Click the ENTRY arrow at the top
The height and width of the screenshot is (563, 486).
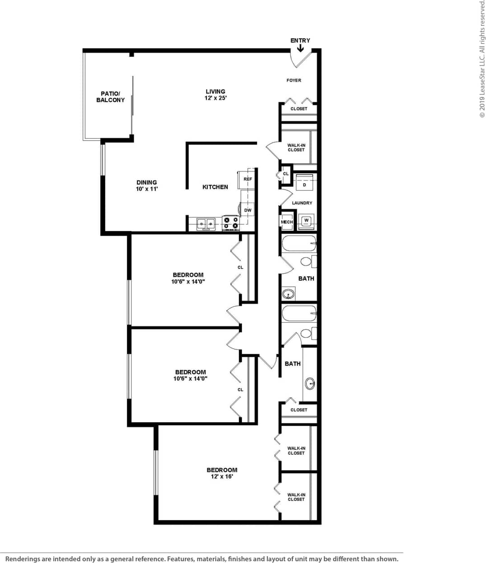[x=300, y=47]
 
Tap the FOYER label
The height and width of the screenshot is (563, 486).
[x=294, y=80]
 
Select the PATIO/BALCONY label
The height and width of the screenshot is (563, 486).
[x=110, y=97]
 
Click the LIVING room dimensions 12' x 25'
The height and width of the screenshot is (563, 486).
[x=215, y=98]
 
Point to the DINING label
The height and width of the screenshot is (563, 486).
[x=147, y=183]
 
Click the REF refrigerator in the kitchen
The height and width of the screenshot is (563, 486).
[x=248, y=179]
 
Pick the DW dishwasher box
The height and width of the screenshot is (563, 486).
[x=248, y=210]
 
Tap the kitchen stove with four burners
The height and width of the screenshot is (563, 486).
[x=230, y=222]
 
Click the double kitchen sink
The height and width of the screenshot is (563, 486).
[x=206, y=223]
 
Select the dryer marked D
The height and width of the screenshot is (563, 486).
[x=304, y=185]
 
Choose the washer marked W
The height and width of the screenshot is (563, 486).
[x=306, y=221]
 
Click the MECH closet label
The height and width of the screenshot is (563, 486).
[x=287, y=222]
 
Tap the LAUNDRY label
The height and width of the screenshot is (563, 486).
[x=302, y=203]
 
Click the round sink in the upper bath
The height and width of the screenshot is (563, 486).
[x=288, y=295]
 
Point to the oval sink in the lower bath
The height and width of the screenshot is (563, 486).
[x=310, y=384]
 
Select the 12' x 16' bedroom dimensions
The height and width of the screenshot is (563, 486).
[x=222, y=476]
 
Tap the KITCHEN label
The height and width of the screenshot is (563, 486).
[x=215, y=187]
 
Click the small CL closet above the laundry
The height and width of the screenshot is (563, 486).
[x=285, y=174]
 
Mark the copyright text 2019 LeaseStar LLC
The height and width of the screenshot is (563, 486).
[x=481, y=59]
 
